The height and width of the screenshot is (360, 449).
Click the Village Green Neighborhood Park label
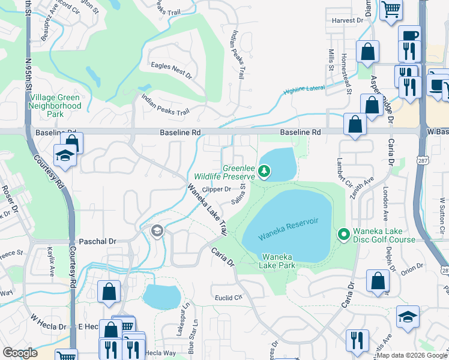(x=55, y=106)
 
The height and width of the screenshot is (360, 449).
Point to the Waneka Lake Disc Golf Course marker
(x=343, y=233)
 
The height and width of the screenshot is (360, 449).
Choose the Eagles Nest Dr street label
(x=171, y=71)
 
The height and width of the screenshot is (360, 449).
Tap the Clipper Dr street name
(x=217, y=189)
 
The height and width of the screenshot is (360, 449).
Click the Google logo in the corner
(x=20, y=353)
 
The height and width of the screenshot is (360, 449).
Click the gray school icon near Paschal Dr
(x=157, y=231)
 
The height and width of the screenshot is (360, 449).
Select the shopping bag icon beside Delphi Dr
(x=378, y=281)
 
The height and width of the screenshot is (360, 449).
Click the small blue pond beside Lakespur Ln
(x=161, y=296)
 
